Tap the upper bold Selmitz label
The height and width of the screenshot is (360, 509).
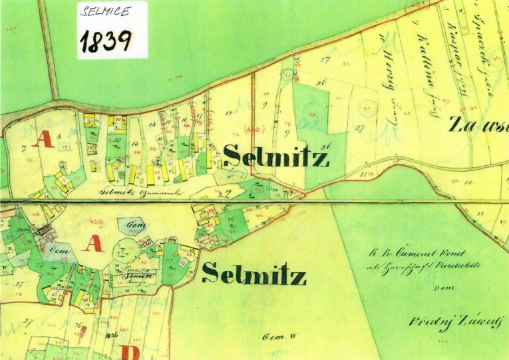[276, 157]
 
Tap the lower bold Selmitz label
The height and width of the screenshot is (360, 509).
[254, 273]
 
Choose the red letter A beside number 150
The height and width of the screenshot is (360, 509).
[93, 244]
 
